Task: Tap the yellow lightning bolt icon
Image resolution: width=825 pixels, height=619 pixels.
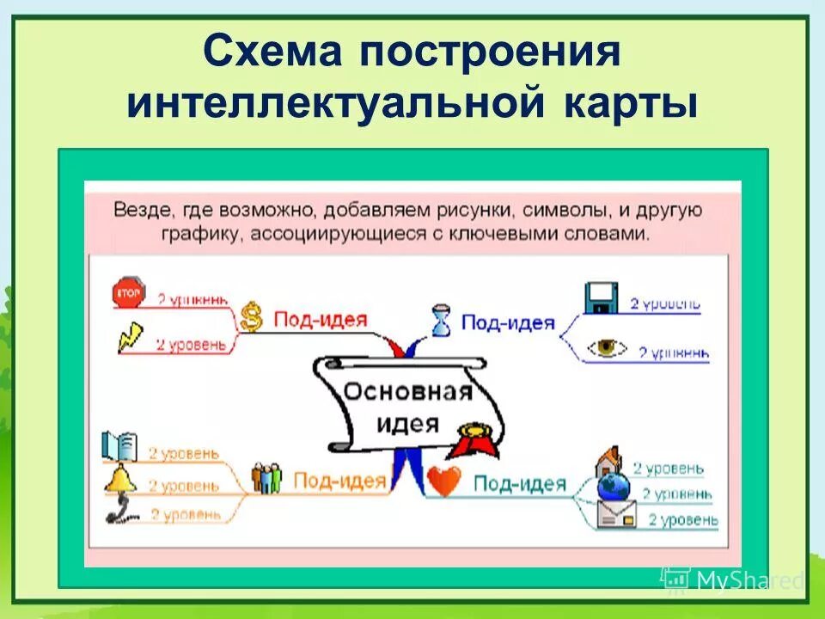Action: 131,335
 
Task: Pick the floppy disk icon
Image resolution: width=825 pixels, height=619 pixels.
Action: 600,297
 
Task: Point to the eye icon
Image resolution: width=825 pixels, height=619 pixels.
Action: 608,347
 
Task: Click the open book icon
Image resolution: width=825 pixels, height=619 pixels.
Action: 119,445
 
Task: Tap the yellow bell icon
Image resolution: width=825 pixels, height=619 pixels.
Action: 120,480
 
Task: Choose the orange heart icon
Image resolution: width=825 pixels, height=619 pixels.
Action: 445,482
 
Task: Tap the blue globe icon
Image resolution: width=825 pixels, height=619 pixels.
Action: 614,488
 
